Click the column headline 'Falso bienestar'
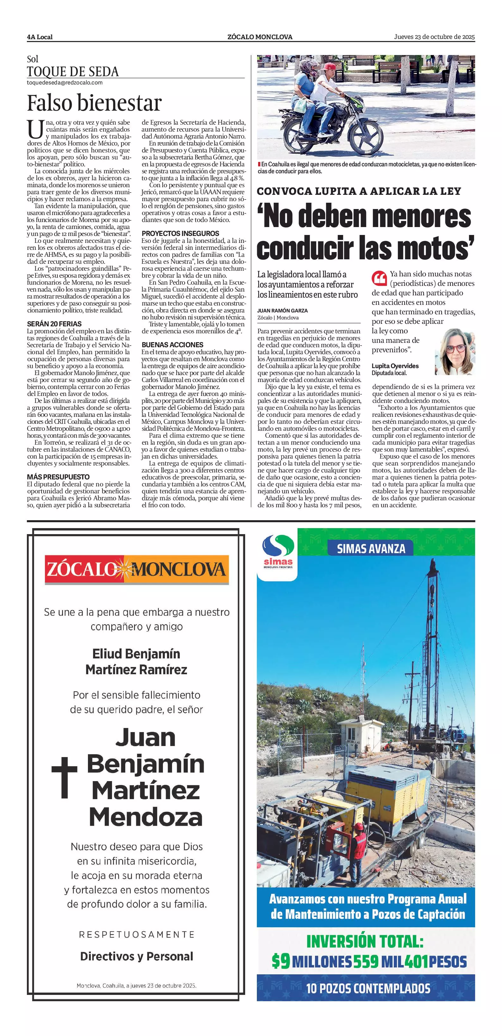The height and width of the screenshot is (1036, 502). point(94,103)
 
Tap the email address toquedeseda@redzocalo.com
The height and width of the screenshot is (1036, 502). point(64,83)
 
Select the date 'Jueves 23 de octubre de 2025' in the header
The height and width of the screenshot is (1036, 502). point(434,37)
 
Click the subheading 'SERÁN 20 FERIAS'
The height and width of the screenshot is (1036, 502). point(54,324)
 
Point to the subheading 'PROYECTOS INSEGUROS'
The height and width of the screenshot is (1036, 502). point(180,233)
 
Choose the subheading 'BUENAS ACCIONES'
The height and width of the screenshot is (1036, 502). point(172,345)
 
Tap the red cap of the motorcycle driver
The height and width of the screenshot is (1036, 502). point(330,66)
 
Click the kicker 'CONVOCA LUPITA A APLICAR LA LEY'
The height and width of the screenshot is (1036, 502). point(359,191)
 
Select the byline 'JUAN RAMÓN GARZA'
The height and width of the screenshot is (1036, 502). point(282,311)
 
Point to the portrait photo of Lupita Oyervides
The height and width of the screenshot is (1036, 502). point(455,352)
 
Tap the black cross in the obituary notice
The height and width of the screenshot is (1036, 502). point(64,777)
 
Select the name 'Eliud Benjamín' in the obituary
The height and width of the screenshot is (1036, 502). point(136,654)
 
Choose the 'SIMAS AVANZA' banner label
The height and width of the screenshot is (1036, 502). point(371,548)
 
